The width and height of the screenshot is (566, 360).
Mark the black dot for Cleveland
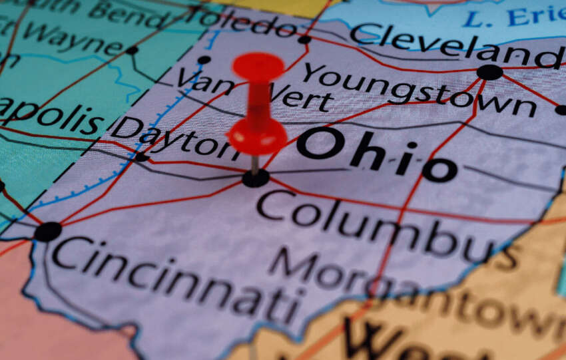point(489,72)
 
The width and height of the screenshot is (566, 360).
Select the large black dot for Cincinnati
point(48,232)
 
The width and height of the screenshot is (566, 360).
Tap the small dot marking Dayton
point(141,158)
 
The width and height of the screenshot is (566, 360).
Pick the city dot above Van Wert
point(204,60)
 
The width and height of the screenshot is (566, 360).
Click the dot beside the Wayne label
point(132,50)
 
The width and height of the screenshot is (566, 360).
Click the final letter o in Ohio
point(439,170)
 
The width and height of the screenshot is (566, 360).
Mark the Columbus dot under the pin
point(256,178)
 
